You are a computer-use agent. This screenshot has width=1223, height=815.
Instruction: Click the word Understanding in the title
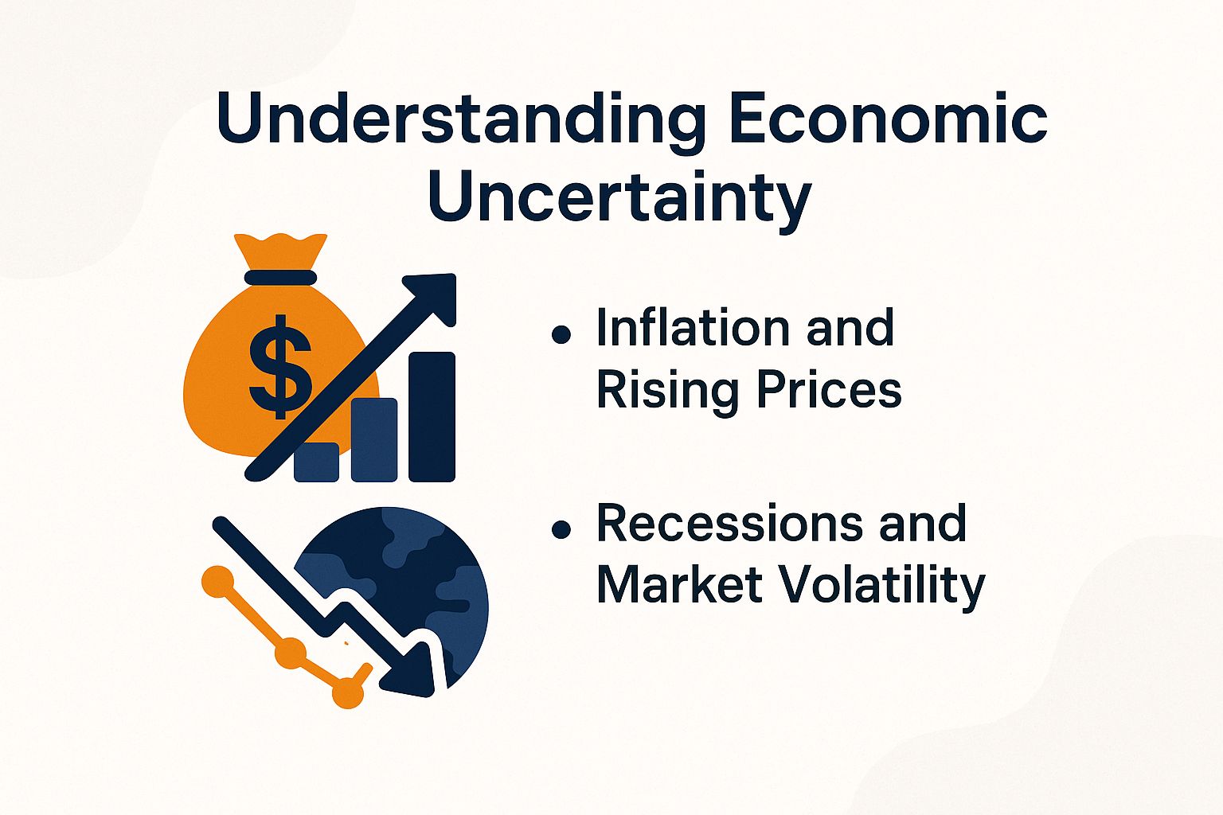click(461, 119)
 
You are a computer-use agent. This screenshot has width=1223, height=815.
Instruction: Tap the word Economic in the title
click(887, 119)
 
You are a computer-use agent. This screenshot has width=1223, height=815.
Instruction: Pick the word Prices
click(828, 391)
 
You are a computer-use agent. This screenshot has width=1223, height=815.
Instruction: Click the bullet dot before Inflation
click(561, 334)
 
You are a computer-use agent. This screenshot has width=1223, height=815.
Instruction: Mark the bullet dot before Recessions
click(561, 529)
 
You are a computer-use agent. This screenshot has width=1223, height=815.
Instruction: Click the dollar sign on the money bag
click(279, 365)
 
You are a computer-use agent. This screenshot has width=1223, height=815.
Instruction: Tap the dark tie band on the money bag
click(280, 277)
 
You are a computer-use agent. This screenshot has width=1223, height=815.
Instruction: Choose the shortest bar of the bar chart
click(316, 462)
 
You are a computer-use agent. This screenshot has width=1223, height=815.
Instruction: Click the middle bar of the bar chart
click(374, 439)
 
